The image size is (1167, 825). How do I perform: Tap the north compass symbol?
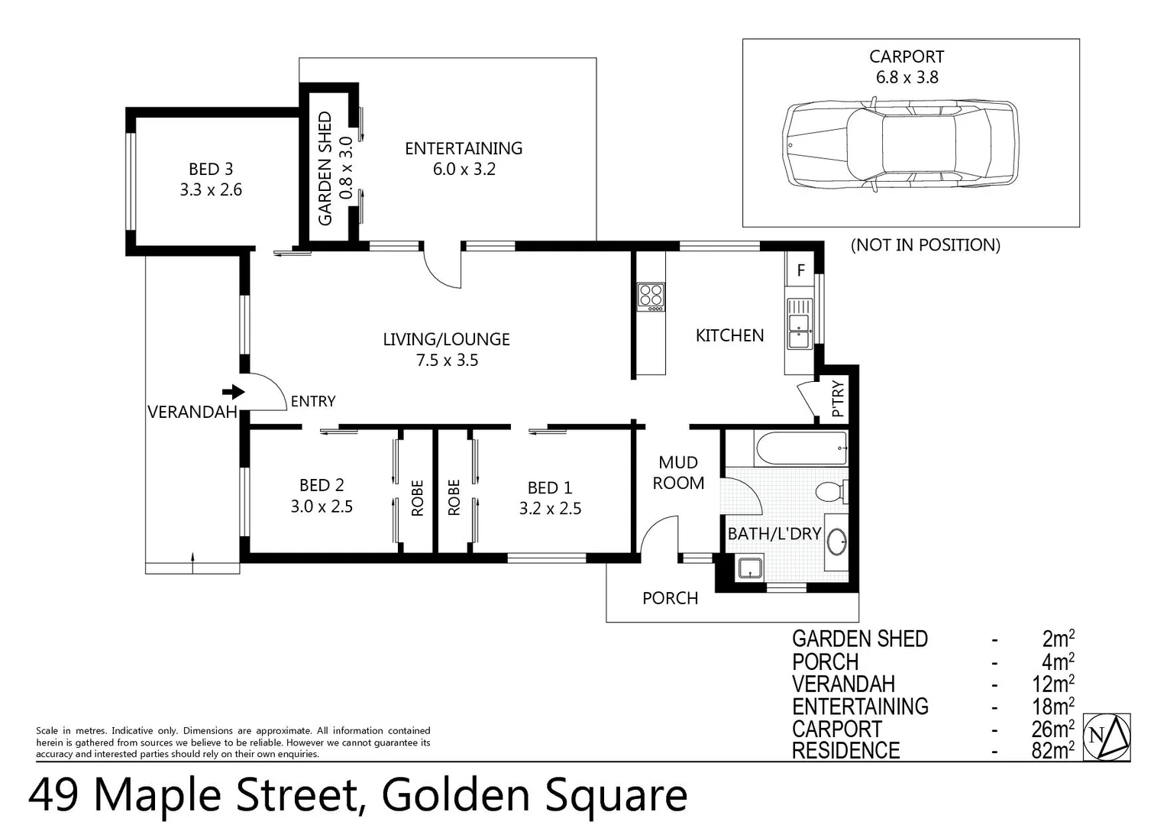(1107, 736)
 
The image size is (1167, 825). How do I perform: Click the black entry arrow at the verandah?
(237, 392)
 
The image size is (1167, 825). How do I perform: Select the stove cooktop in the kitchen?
(651, 296)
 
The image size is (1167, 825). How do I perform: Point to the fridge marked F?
(800, 270)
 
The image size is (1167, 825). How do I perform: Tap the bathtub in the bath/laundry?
(800, 448)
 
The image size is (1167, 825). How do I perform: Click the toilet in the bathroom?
(831, 490)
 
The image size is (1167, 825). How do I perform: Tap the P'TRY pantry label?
(838, 399)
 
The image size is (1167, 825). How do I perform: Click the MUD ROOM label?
(678, 472)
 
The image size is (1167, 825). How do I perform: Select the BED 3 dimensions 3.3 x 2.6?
(211, 190)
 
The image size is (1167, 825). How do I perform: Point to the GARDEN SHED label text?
(325, 169)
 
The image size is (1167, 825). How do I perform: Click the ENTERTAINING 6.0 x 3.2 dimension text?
(464, 170)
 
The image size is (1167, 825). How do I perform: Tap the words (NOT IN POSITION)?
(925, 245)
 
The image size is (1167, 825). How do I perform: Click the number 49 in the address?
(53, 794)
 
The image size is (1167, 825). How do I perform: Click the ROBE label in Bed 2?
(418, 498)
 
